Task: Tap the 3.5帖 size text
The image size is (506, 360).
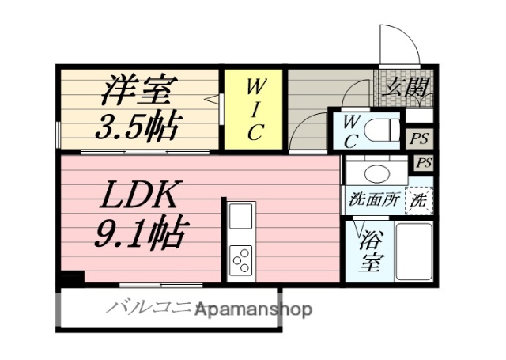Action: pos(138,124)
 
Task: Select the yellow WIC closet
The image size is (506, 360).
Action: pos(253,109)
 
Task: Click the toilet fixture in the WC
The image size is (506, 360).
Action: pos(383,129)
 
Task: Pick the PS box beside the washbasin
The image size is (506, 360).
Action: pos(425,163)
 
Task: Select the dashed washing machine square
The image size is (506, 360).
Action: pos(419,200)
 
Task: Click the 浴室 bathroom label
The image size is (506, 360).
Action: pos(368,249)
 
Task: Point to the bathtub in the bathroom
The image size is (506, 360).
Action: pos(413,251)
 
